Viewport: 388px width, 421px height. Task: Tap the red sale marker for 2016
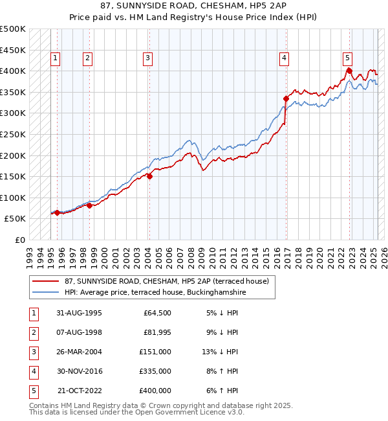pyautogui.click(x=285, y=98)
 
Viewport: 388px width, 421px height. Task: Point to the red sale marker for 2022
pyautogui.click(x=349, y=70)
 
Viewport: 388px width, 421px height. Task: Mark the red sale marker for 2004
pyautogui.click(x=149, y=176)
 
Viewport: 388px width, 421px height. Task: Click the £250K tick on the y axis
pyautogui.click(x=13, y=134)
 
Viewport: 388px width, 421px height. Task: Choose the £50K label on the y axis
pyautogui.click(x=16, y=219)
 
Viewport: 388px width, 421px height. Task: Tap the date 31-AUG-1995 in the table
pyautogui.click(x=79, y=313)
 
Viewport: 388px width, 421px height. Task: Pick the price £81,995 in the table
pyautogui.click(x=155, y=332)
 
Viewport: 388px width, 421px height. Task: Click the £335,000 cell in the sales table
pyautogui.click(x=155, y=371)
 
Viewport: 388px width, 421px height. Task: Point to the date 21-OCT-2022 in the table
pyautogui.click(x=79, y=391)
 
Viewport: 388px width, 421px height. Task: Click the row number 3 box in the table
pyautogui.click(x=32, y=352)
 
